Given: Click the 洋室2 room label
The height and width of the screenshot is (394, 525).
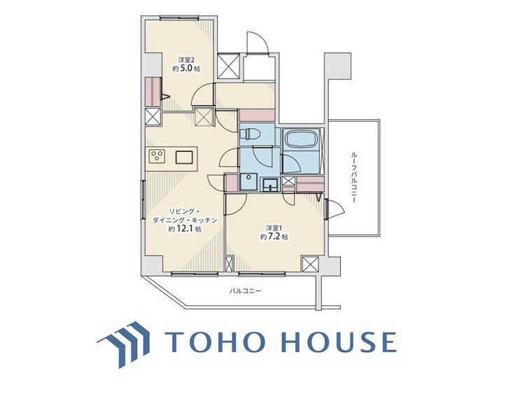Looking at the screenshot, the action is coord(186,60).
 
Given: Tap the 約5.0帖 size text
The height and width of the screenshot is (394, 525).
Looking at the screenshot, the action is coord(186,69).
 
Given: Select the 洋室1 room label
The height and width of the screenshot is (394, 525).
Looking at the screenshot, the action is coord(274,228).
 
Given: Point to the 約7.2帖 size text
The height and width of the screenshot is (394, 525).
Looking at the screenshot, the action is coord(274,237).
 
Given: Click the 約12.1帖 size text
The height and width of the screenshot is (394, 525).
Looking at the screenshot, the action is coord(185,229).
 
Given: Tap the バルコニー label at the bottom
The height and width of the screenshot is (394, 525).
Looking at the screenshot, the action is coord(246,290).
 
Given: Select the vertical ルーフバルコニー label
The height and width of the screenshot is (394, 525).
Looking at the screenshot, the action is coord(353,178).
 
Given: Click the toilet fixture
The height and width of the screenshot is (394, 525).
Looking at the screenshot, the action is coord(250,134).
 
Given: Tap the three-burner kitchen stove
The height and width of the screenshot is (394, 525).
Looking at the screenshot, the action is coord(157,156).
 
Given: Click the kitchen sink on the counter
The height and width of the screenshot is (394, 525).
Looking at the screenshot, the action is coord(184,157).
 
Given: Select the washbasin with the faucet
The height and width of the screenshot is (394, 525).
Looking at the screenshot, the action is coord(269,185).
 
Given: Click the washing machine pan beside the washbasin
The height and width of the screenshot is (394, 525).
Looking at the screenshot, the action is coord(248,182).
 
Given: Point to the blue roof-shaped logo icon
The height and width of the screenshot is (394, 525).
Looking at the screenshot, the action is coord(123,344).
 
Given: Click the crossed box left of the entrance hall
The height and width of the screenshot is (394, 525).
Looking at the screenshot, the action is coord(229,66).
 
